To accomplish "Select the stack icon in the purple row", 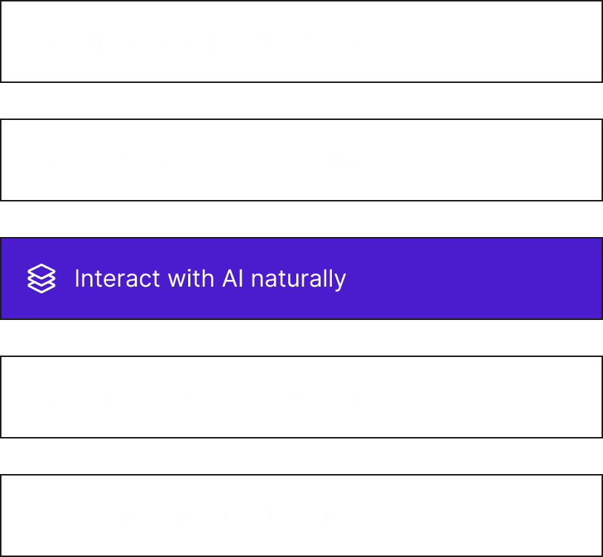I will pyautogui.click(x=41, y=278).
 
